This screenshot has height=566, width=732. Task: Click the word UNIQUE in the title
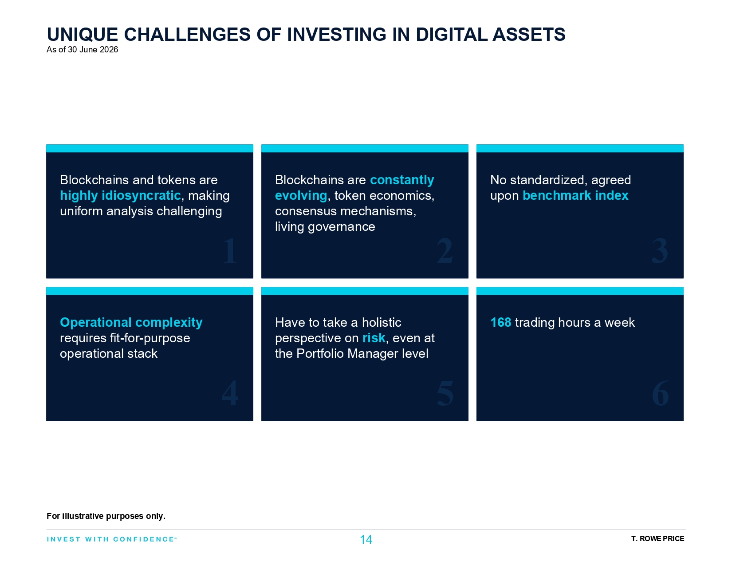(x=83, y=34)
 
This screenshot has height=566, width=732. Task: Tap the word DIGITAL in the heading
(x=451, y=34)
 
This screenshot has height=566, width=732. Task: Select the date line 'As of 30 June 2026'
(x=82, y=50)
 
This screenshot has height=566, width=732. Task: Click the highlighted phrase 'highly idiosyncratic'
(x=120, y=195)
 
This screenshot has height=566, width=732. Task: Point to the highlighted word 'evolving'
(x=301, y=195)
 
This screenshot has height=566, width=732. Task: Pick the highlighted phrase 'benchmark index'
(x=575, y=195)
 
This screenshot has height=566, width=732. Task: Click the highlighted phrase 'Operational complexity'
(x=131, y=323)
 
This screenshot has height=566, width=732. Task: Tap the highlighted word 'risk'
(x=374, y=338)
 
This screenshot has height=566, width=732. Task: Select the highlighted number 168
(x=500, y=323)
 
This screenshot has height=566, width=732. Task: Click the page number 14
(x=366, y=540)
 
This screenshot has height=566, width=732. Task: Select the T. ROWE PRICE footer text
(x=657, y=538)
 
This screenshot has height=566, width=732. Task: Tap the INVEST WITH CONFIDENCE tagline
(x=111, y=539)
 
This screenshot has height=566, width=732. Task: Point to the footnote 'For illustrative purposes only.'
(x=106, y=516)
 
